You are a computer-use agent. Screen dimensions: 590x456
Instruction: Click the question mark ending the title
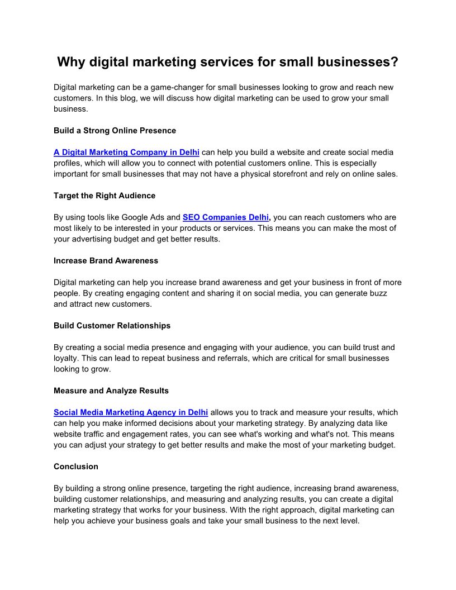click(x=394, y=61)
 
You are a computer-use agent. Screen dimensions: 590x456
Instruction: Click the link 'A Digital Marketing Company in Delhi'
click(x=126, y=153)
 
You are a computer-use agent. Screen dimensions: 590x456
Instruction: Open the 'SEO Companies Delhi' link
click(x=226, y=217)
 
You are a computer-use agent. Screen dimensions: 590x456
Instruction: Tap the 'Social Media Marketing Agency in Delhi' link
click(x=131, y=413)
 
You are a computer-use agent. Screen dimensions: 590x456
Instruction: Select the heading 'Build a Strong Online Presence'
click(x=115, y=131)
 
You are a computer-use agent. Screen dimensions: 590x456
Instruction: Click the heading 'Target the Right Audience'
click(x=104, y=196)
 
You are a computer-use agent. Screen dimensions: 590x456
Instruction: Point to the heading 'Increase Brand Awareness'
click(x=106, y=261)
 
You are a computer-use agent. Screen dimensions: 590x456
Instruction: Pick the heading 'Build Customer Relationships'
click(x=112, y=326)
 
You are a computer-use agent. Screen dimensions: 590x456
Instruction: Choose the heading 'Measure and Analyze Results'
click(x=111, y=391)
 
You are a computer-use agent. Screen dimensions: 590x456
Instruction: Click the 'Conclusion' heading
click(x=76, y=467)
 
